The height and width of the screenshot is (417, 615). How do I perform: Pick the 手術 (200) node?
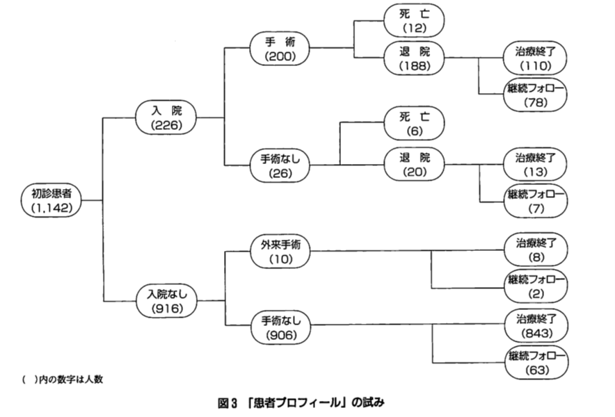(279, 49)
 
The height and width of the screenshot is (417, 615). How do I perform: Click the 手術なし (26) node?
(279, 165)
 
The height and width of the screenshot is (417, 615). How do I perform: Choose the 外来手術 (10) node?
(279, 251)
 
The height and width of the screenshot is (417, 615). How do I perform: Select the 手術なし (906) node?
(279, 327)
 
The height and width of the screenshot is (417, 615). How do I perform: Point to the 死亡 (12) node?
(416, 20)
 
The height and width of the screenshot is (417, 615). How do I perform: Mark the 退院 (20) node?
(416, 165)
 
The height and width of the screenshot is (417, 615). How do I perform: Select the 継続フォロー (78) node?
(536, 95)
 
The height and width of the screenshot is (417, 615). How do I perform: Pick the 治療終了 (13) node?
(536, 165)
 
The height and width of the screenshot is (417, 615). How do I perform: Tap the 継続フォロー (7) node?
(536, 201)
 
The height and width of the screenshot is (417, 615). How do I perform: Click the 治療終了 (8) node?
(536, 251)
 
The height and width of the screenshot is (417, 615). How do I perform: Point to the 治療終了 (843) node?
(536, 327)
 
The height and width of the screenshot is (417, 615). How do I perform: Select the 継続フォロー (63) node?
(536, 363)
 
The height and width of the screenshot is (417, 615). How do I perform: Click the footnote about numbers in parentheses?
(67, 379)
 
